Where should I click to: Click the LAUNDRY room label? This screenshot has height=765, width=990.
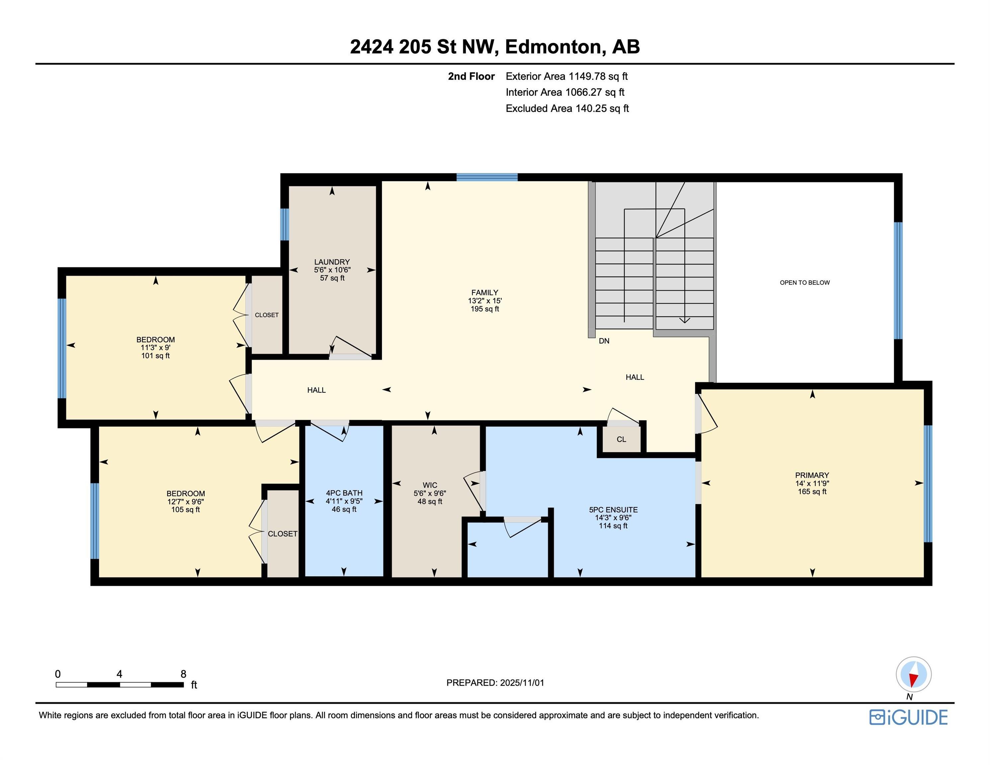pos(332,262)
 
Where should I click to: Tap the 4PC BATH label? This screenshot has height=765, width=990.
pos(344,493)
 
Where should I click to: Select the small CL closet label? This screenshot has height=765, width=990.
pos(621,439)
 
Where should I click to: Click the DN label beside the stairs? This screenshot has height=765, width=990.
pos(604,341)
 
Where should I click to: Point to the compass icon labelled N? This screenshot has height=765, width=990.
pos(913,674)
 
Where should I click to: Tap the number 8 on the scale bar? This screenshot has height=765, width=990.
pos(183,674)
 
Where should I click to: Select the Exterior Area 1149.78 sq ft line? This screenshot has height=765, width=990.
pos(566,76)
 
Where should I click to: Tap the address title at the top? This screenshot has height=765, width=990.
pos(495,47)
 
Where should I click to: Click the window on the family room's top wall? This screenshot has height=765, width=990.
pos(487,177)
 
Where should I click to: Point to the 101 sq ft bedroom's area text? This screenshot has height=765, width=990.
pos(155,356)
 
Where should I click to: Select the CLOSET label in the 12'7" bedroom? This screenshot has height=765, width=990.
pos(282,534)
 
